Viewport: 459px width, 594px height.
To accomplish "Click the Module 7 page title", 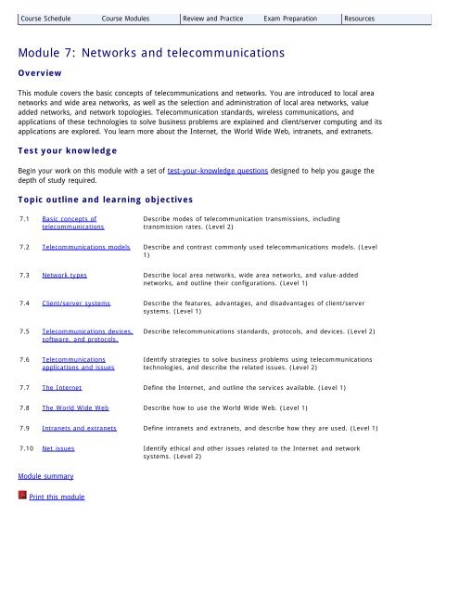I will point(167,54).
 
